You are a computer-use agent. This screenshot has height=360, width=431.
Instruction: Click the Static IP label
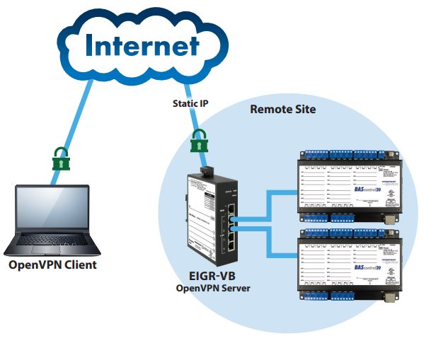click(190, 103)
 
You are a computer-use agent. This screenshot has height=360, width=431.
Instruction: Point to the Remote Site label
click(282, 110)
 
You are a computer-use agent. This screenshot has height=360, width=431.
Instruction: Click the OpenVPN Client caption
click(52, 266)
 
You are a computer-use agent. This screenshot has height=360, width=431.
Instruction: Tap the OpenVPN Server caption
click(212, 288)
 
